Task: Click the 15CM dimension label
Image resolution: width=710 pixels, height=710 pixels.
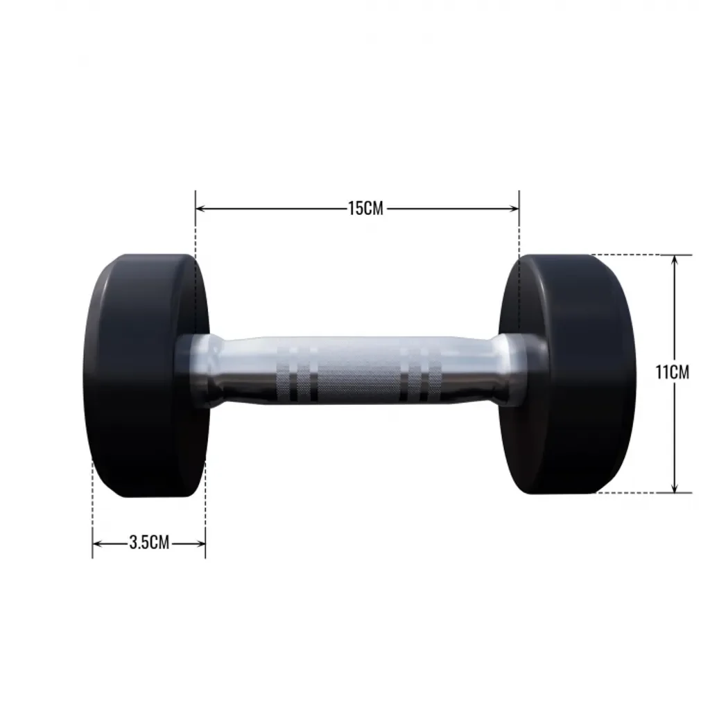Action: coord(365,208)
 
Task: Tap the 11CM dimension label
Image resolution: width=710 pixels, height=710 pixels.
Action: coord(673,372)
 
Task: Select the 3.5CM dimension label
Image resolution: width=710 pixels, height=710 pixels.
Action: coord(150,542)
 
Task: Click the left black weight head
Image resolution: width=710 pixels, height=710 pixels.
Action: coord(146,375)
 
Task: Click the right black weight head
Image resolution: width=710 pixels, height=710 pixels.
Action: coord(568,374)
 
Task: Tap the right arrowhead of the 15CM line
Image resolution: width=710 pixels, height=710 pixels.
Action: coord(514,208)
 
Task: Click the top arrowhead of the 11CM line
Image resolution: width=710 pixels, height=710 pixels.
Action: coord(675,261)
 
